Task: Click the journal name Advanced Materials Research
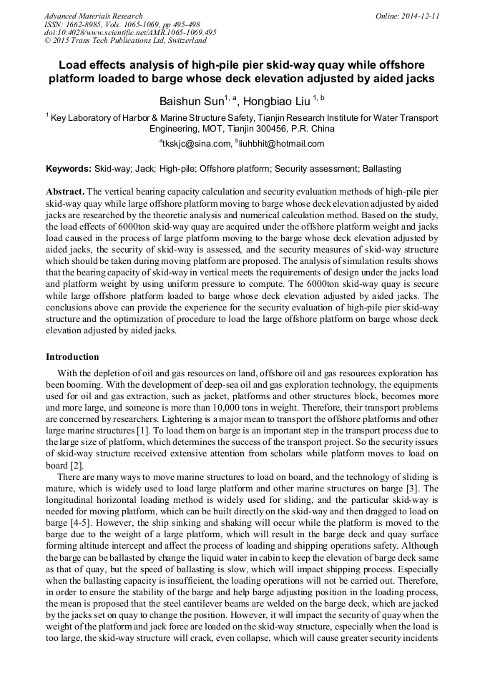click(93, 16)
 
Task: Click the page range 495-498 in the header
click(190, 24)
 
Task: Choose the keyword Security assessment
click(311, 170)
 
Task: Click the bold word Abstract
click(67, 192)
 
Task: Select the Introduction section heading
click(72, 357)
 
